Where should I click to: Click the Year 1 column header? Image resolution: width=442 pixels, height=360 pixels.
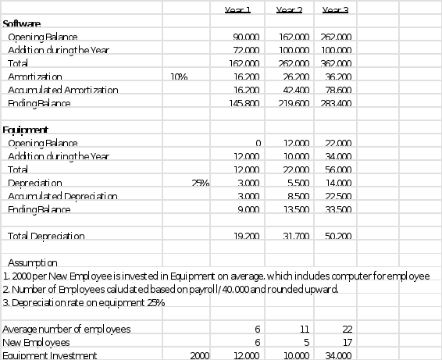pos(237,9)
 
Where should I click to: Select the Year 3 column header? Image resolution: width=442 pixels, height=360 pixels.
pos(334,9)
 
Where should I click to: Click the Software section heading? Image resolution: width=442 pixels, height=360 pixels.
pos(22,24)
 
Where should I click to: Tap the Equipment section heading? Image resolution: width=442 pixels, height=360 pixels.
pos(26,130)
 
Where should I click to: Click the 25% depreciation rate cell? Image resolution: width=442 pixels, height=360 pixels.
pos(201,183)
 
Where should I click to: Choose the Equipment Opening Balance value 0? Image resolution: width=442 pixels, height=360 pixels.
pos(257,143)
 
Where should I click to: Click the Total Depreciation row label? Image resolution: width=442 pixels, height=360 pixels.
pos(46,236)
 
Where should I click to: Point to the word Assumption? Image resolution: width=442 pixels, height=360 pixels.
pos(32,263)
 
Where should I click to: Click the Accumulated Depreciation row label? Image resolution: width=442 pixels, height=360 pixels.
pos(62,196)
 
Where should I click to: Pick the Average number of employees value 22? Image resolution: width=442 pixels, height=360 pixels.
pos(347,329)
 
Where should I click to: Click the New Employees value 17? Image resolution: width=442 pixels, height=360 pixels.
pos(348,342)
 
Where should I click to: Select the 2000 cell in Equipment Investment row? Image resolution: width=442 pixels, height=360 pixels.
pos(200,355)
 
